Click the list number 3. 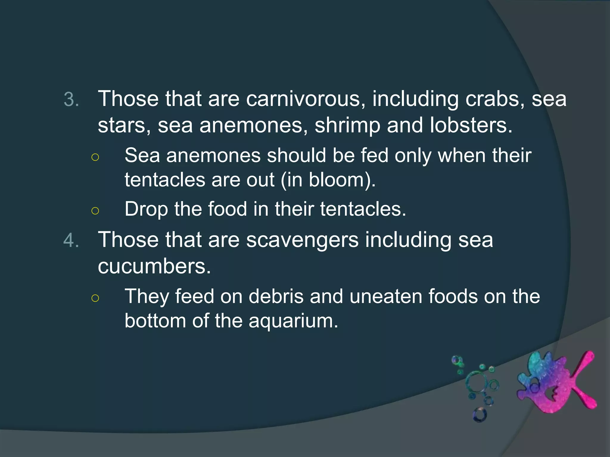tap(71, 100)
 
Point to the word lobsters tap(471, 125)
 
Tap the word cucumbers tap(154, 266)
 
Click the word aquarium tap(293, 321)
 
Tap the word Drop tap(146, 209)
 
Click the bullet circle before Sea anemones tap(95, 157)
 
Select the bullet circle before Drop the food tap(95, 211)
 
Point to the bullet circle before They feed tap(95, 298)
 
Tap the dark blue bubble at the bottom tap(480, 414)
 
